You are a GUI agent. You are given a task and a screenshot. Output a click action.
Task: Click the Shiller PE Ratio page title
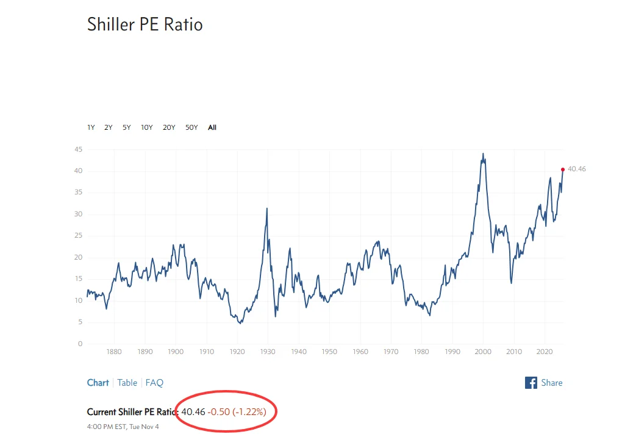145,24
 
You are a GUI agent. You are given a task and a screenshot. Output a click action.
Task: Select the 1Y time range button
91,127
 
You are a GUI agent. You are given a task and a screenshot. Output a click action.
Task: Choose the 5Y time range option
126,127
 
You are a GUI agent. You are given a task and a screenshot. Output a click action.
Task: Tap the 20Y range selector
169,127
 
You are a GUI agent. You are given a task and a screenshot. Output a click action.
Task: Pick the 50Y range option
191,127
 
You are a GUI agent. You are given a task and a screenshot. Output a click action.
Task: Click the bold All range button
212,127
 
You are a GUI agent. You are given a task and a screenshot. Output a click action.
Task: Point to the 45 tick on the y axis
78,149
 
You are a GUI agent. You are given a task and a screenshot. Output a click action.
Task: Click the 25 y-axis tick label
78,236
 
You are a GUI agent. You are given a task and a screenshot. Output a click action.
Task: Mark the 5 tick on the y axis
80,322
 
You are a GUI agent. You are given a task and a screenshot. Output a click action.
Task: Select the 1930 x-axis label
268,352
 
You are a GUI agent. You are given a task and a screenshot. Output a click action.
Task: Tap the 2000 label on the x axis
483,352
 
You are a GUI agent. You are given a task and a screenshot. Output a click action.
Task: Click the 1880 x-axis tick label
114,352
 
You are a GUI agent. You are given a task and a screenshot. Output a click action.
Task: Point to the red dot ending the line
562,169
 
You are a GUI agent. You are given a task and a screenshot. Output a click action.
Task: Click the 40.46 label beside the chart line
576,169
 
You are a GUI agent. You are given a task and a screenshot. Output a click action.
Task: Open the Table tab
127,383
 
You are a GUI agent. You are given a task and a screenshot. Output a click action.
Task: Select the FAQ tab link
154,383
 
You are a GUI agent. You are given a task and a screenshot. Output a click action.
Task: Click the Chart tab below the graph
98,383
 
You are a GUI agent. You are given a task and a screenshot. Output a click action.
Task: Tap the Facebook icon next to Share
531,383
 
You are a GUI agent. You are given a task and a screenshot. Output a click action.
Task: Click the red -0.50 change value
218,412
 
